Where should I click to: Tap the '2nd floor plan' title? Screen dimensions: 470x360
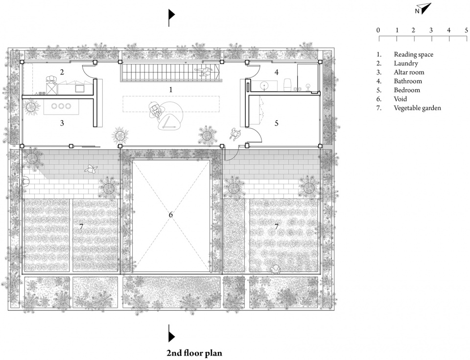click(x=194, y=353)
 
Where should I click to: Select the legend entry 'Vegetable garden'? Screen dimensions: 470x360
click(x=417, y=108)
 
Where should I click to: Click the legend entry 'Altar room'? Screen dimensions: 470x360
click(x=409, y=72)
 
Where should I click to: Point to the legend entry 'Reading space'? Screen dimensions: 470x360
click(x=413, y=54)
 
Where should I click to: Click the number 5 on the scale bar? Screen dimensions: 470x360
click(x=466, y=30)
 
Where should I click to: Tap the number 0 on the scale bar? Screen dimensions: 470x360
click(x=378, y=30)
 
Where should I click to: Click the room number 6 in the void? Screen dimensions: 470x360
click(x=170, y=215)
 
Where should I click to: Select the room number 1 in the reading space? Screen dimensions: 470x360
click(x=171, y=90)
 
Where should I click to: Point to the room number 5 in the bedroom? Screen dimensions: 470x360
click(x=276, y=123)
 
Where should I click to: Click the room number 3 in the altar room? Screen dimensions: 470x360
click(x=62, y=123)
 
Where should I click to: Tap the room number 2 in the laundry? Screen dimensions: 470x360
click(x=62, y=72)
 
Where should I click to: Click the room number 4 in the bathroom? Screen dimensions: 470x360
click(x=276, y=72)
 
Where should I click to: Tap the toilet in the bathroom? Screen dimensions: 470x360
click(x=287, y=85)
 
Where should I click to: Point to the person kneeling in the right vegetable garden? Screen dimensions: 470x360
click(x=276, y=269)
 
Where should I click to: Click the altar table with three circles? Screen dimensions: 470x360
click(x=61, y=106)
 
